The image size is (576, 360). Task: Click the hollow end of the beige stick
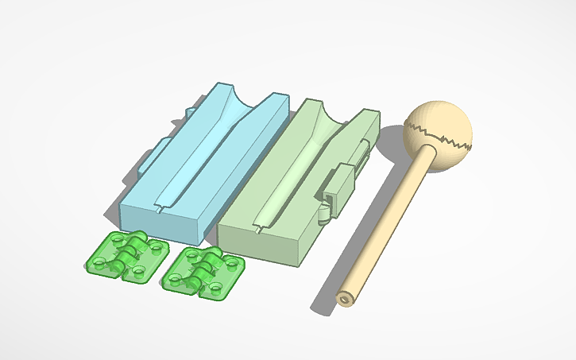point(344,298)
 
